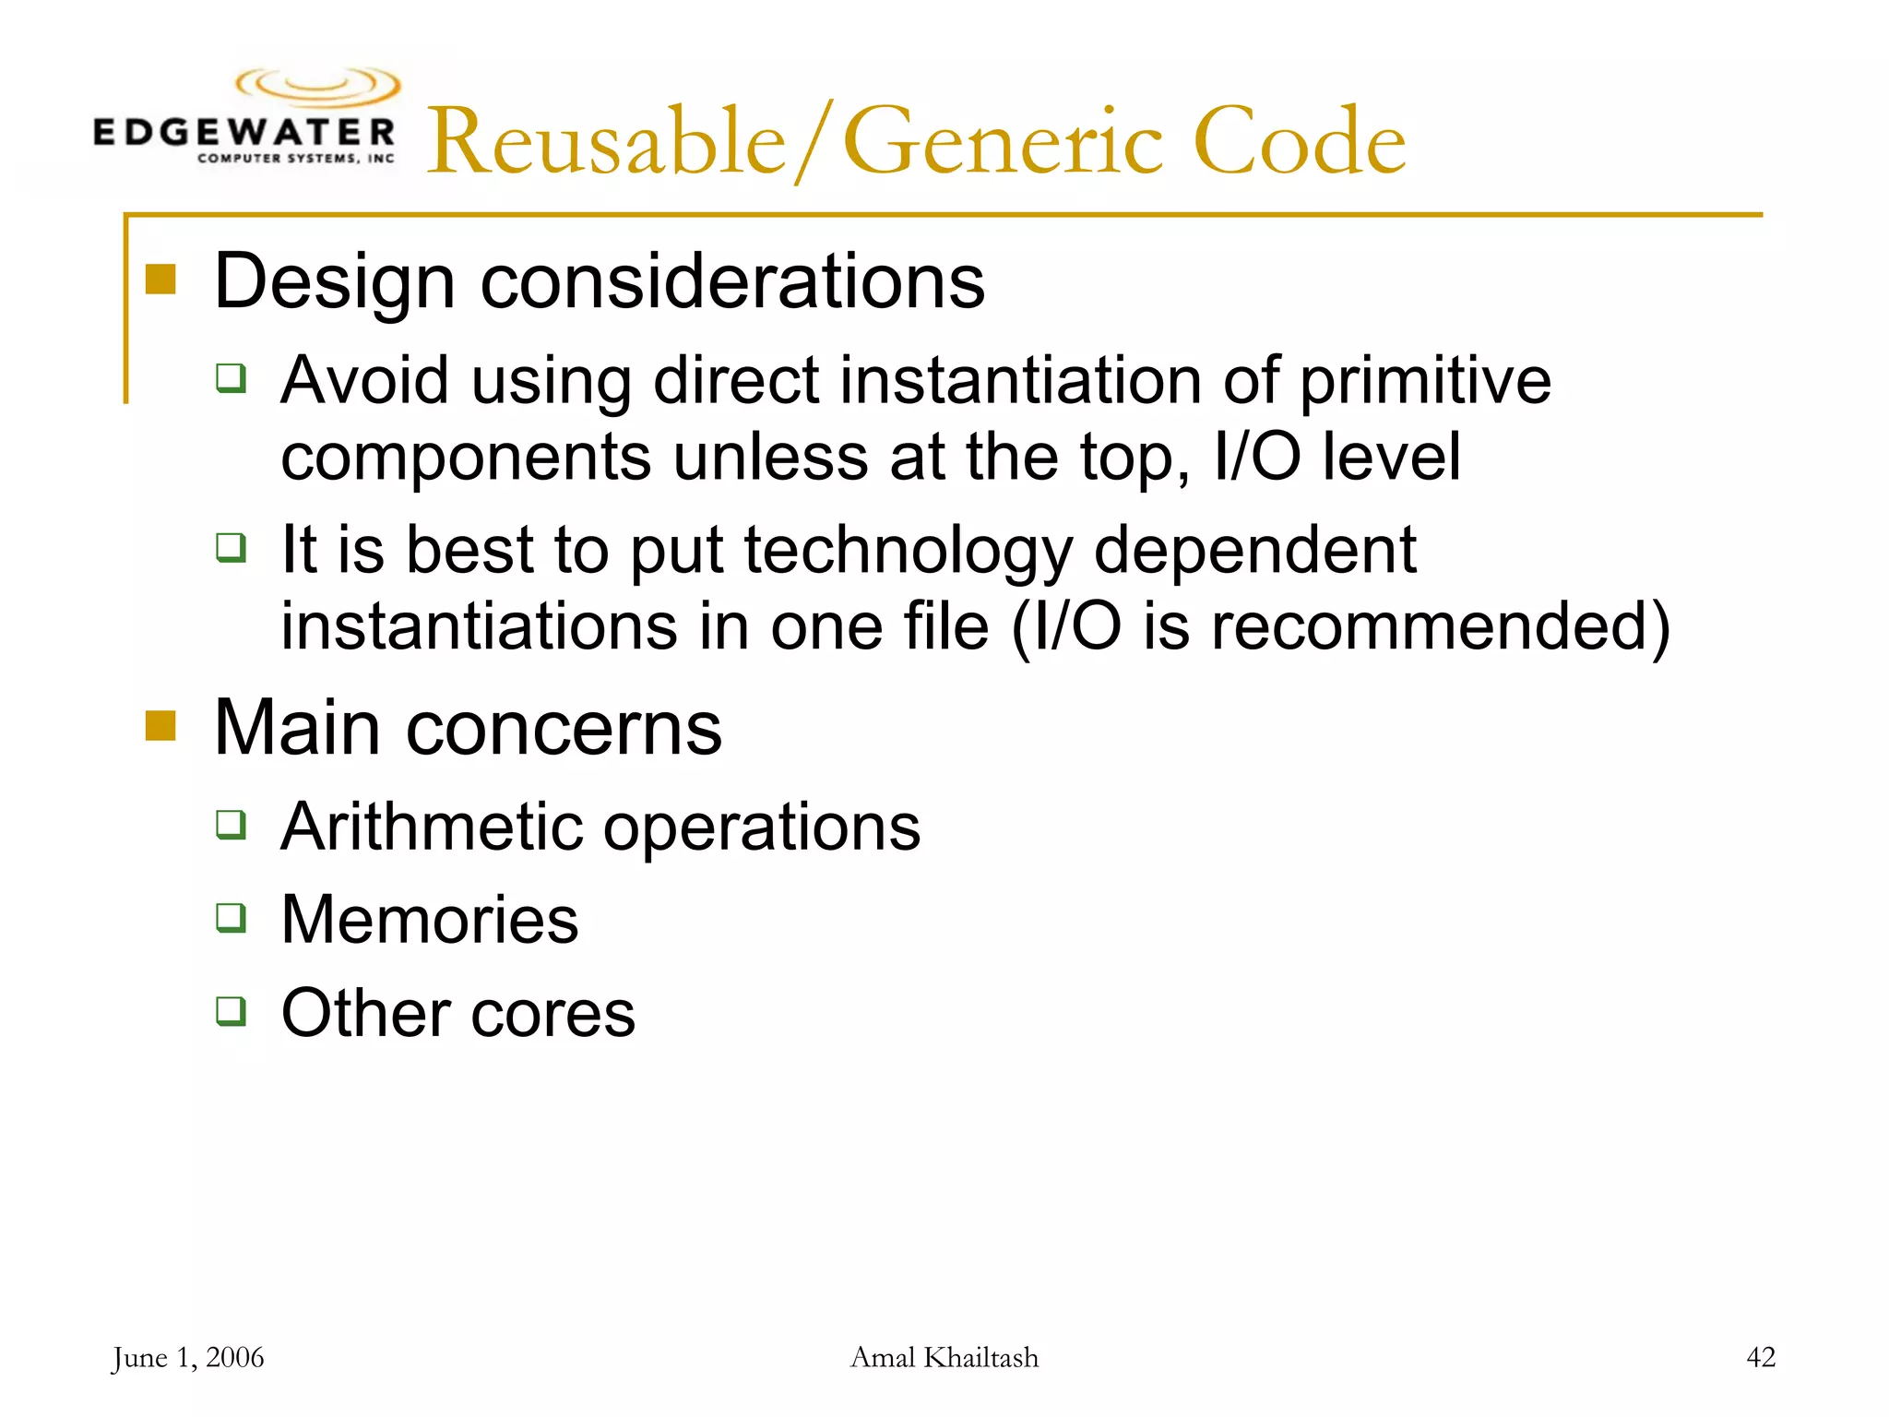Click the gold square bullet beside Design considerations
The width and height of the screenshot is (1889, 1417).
(160, 280)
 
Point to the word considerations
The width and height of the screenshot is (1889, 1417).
(732, 281)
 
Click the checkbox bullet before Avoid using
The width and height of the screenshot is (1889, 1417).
(232, 378)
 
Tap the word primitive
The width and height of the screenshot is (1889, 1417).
(1425, 382)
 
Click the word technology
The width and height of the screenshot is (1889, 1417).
(909, 552)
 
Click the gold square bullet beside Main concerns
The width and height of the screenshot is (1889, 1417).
(160, 726)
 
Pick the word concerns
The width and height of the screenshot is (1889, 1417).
(564, 729)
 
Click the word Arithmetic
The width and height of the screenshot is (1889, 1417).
(433, 827)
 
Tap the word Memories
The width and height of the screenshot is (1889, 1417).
(430, 920)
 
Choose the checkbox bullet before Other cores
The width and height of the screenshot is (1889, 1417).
(232, 1011)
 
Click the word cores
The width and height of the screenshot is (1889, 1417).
(552, 1014)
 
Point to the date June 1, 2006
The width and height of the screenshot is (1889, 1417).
(188, 1358)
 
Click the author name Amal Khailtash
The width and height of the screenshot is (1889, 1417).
(944, 1358)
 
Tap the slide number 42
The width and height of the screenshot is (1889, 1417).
(1760, 1358)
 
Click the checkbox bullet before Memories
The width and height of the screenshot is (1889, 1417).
(232, 918)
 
